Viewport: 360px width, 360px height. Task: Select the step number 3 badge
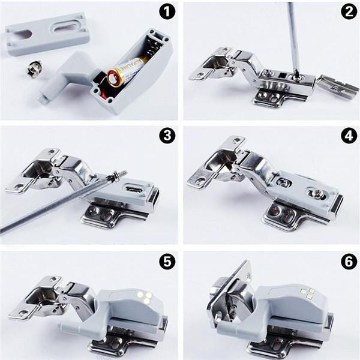166,136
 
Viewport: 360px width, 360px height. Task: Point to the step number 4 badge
348,136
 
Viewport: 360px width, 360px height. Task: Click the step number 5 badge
166,261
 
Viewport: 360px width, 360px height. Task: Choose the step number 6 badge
348,261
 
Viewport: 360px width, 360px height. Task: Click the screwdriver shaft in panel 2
293,36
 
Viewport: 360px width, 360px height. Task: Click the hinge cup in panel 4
221,158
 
